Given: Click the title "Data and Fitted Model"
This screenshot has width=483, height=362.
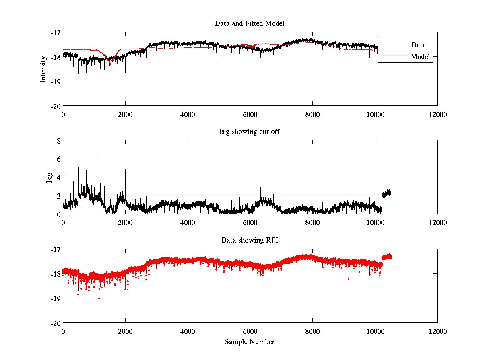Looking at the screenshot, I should click(x=250, y=23).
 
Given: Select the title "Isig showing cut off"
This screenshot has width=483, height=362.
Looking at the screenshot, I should click(x=250, y=132).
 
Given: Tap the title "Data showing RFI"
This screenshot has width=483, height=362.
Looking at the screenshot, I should click(x=250, y=240).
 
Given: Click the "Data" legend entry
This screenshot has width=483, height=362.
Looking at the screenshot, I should click(x=418, y=45).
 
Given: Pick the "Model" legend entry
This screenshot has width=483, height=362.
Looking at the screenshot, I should click(x=421, y=57).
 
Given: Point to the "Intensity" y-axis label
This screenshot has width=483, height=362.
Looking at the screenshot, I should click(x=43, y=69).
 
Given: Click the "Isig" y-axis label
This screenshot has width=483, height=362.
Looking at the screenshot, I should click(x=49, y=177).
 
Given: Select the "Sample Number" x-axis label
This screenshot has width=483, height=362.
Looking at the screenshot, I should click(x=250, y=342).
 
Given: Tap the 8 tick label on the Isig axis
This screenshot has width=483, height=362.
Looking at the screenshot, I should click(x=58, y=141).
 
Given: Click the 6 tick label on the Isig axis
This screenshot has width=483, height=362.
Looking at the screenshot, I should click(x=58, y=159).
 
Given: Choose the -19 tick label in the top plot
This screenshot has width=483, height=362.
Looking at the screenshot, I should click(x=55, y=81).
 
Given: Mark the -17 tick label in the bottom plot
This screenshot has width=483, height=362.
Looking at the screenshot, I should click(x=55, y=249).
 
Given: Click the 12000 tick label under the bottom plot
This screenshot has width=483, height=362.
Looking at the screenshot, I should click(x=437, y=331).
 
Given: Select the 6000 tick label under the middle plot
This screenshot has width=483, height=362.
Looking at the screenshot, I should click(x=250, y=222).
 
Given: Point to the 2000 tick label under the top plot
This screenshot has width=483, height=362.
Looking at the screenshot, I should click(x=125, y=114).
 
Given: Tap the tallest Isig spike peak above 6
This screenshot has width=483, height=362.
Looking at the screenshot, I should click(x=99, y=156).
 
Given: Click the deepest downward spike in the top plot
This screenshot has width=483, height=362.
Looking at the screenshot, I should click(x=99, y=82).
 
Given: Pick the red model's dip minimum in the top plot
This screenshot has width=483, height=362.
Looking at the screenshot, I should click(x=109, y=64).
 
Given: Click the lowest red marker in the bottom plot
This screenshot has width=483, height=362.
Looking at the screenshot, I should click(x=99, y=298).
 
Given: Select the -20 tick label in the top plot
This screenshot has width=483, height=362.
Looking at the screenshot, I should click(x=55, y=106).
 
